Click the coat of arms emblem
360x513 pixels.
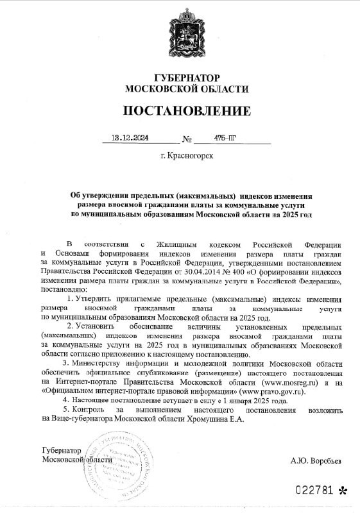pos(179,35)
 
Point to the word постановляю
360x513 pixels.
pos(62,290)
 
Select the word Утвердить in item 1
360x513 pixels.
pos(96,299)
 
